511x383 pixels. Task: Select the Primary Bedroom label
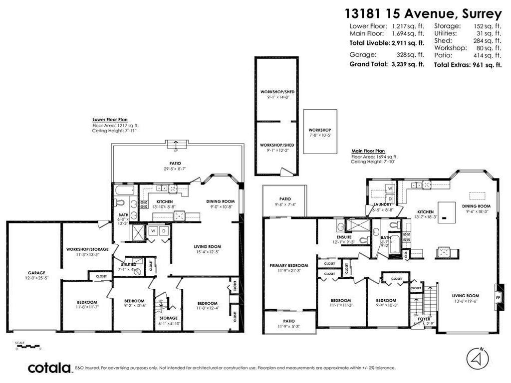[x=288, y=265]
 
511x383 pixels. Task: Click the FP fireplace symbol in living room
[x=498, y=299]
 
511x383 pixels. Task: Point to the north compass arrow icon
[x=477, y=358]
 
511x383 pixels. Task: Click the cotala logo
[x=49, y=368]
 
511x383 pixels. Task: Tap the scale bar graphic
[x=27, y=346]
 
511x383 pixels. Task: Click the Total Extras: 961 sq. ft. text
[x=468, y=65]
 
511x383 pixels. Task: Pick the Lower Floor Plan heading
[x=109, y=120]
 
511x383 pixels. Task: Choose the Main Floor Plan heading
[x=368, y=151]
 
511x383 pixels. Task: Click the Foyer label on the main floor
[x=424, y=319]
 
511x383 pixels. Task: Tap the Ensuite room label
[x=344, y=237]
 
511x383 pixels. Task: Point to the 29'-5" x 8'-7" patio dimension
[x=175, y=169]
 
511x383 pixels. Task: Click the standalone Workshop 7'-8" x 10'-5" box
[x=320, y=133]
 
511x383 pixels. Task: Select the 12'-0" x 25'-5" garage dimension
[x=36, y=278]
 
